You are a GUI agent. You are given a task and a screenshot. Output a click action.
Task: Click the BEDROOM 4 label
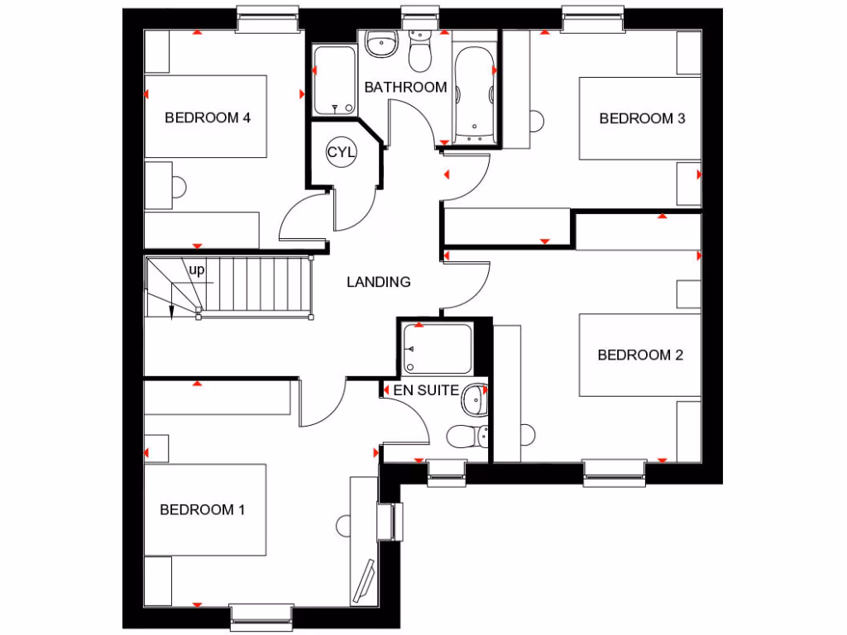tap(208, 117)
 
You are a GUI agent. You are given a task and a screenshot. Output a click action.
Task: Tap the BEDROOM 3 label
tap(642, 118)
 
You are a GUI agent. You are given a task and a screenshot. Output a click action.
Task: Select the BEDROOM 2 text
tap(640, 356)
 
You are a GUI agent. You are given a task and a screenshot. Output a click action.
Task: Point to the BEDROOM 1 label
tap(203, 509)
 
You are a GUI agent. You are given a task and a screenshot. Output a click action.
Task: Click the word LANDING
tap(379, 282)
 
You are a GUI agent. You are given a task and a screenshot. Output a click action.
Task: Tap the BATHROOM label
tap(405, 87)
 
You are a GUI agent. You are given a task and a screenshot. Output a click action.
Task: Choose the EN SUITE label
tap(426, 390)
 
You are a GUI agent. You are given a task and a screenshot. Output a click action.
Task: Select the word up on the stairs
tap(197, 270)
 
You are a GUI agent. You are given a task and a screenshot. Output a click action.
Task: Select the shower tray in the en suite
tap(436, 349)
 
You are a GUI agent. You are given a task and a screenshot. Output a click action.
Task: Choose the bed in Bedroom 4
tap(206, 117)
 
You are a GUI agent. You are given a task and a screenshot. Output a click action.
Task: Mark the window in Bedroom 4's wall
tap(267, 20)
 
